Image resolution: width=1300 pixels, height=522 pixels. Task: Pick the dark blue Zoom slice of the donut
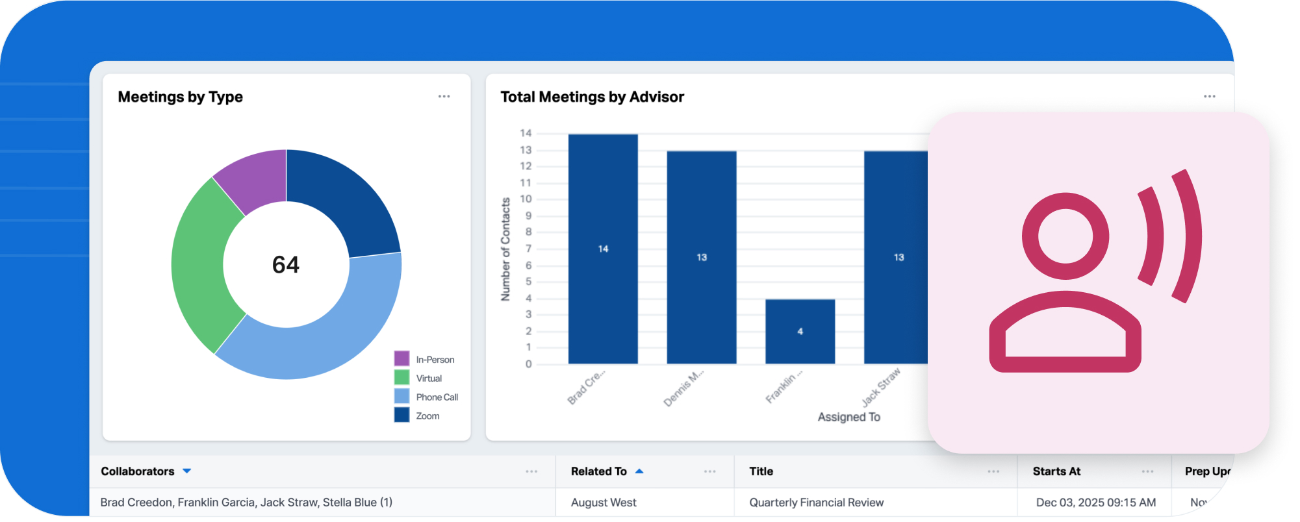coord(338,195)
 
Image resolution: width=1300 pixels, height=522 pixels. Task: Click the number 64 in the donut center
coord(286,265)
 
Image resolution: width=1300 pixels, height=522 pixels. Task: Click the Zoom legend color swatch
coord(401,415)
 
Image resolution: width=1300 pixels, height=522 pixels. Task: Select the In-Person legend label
coord(435,360)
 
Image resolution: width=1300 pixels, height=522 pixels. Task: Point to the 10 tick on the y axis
coord(526,199)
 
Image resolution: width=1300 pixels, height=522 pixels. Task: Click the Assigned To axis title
coord(848,417)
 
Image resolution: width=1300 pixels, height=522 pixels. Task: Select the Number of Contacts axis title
coord(505,249)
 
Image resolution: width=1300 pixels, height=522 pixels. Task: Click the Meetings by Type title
coord(181,97)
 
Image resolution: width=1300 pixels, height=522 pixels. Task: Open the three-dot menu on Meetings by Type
coord(444,97)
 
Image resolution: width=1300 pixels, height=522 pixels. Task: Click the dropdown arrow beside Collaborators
coord(187,471)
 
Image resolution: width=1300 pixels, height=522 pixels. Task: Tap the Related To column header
coord(599,471)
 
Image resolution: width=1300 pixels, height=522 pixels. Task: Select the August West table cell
coord(604,503)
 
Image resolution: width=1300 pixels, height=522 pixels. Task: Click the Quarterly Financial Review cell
coord(816,503)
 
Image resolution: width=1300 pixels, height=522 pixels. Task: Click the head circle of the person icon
coord(1065,236)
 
